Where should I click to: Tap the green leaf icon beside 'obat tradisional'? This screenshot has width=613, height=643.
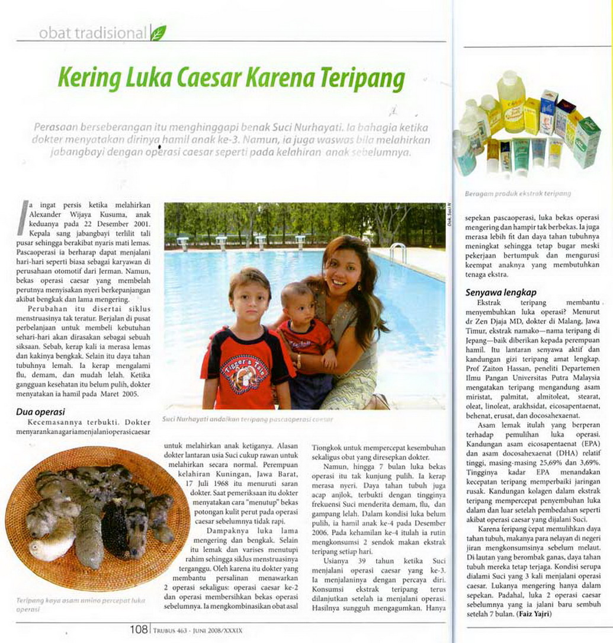pos(158,33)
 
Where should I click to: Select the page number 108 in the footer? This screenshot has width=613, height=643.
pos(139,630)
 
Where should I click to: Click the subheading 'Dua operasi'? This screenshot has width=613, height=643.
pos(40,411)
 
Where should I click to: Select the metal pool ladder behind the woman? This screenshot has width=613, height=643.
pos(398,251)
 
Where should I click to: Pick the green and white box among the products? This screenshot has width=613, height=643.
pos(586,142)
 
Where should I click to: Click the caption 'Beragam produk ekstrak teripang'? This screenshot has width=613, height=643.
pos(509,193)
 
